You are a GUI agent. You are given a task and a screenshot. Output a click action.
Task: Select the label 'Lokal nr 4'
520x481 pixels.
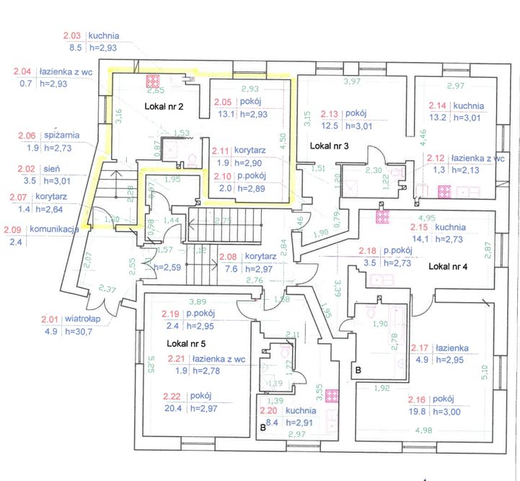(448, 266)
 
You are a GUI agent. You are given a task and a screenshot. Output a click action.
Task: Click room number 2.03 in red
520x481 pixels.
(73, 35)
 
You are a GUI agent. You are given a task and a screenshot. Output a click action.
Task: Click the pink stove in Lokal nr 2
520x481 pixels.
(153, 80)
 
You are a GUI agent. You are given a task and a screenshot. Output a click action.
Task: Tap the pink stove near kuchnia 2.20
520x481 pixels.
(332, 395)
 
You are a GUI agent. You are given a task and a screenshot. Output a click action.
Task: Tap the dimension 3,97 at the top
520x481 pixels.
(352, 81)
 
